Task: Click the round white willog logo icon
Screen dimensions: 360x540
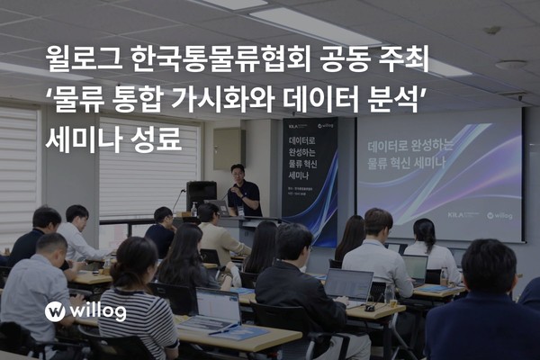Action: point(56,312)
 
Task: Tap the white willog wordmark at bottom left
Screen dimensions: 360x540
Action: point(101,312)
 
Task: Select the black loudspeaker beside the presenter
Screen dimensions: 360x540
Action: point(201,192)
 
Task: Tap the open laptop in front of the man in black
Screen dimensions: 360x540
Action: point(349,285)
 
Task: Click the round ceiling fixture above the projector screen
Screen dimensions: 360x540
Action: point(510,65)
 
